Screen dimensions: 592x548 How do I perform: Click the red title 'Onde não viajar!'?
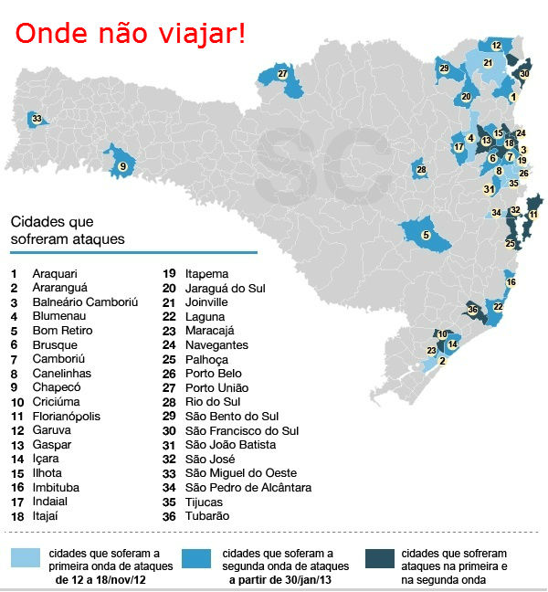(129, 35)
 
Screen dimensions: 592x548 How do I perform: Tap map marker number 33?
(37, 119)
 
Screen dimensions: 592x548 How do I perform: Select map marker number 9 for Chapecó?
(122, 166)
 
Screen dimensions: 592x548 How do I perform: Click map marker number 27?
(283, 74)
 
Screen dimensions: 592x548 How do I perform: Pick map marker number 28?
(421, 169)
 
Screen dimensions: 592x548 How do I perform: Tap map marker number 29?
(444, 69)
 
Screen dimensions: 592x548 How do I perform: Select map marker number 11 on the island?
(533, 215)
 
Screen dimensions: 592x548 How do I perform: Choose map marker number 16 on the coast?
(511, 282)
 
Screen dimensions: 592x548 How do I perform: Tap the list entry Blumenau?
(58, 316)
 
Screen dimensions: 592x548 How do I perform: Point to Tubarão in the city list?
(208, 515)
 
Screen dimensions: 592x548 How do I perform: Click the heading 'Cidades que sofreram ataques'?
(67, 230)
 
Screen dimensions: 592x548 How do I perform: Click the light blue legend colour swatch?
(25, 558)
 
